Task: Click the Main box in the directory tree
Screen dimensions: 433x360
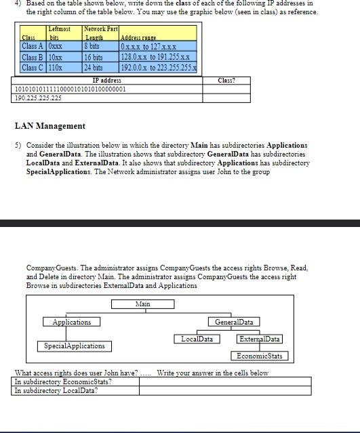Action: (x=142, y=304)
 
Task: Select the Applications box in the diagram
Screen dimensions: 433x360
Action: (x=71, y=322)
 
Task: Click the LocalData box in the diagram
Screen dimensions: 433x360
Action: (x=196, y=339)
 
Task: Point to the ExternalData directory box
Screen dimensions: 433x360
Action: (x=260, y=339)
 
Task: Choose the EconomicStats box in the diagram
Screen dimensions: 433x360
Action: (x=260, y=356)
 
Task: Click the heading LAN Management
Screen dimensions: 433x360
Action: (x=49, y=126)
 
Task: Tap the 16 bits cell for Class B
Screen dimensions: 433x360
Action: (x=94, y=58)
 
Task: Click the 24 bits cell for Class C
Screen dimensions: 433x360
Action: (x=94, y=68)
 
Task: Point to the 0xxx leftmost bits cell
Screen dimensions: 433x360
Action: (x=56, y=47)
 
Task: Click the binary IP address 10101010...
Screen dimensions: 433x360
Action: (x=70, y=89)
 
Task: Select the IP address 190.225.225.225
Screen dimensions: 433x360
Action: (x=38, y=98)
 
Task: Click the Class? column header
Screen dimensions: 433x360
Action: (x=226, y=81)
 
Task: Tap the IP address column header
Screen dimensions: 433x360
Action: (x=106, y=81)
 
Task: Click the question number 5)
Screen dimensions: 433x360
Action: (x=18, y=145)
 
